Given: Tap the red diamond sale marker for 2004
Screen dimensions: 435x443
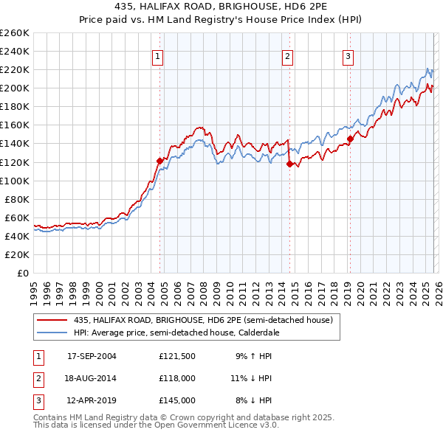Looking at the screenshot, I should (x=159, y=160).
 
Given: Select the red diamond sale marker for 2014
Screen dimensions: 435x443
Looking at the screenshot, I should (x=289, y=164).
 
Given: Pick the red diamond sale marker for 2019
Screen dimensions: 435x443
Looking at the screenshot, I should (x=350, y=139).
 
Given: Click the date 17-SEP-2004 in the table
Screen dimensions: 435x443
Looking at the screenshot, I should (x=92, y=356).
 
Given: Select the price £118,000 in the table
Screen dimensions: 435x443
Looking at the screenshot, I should (x=176, y=378).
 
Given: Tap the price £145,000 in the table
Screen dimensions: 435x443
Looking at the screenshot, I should (x=176, y=400).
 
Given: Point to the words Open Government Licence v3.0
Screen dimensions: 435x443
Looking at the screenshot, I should (x=215, y=425).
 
